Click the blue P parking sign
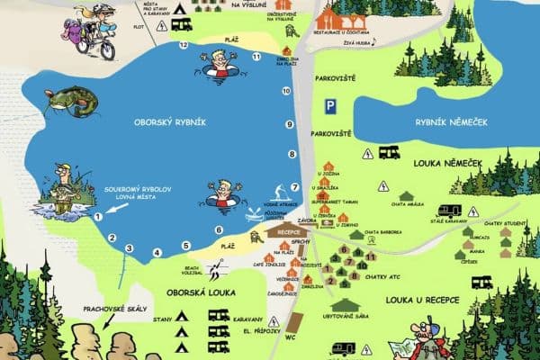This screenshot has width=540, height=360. [x=330, y=106]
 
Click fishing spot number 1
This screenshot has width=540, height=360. [x=97, y=217]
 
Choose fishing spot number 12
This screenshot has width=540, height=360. [x=184, y=44]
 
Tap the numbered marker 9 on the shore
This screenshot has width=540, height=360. [x=290, y=124]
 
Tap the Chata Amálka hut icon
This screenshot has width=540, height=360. [x=407, y=196]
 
